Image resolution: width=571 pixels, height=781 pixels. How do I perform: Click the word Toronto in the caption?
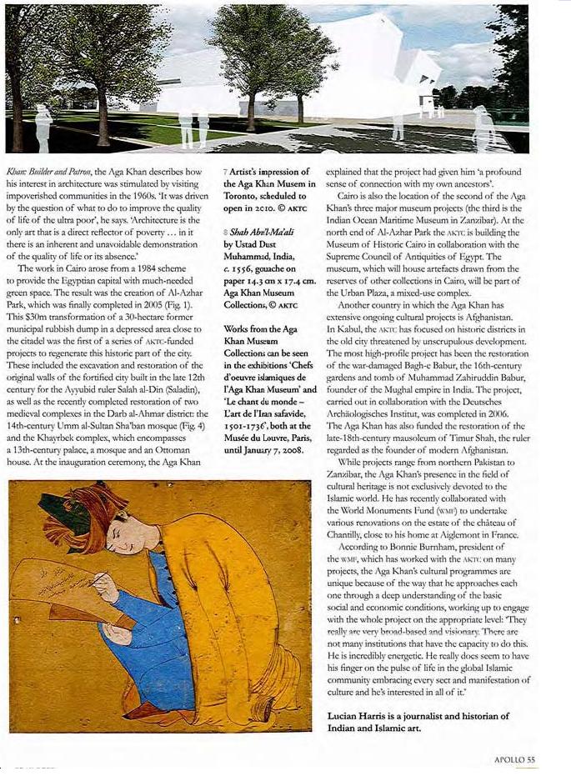click(247, 196)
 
